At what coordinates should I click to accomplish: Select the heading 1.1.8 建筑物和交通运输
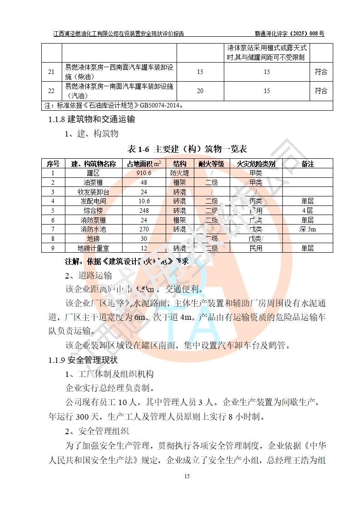[x=92, y=120]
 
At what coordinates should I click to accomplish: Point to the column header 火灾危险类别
[x=256, y=164]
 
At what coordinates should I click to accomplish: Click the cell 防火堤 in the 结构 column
[x=178, y=173]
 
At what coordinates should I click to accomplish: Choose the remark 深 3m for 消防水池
[x=307, y=229]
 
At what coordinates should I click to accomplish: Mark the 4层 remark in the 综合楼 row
[x=307, y=210]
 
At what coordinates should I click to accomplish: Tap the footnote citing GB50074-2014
[x=114, y=106]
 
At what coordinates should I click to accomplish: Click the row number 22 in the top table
[x=51, y=91]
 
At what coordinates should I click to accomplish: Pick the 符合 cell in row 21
[x=321, y=72]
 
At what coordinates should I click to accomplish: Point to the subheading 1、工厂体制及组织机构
[x=110, y=374]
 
